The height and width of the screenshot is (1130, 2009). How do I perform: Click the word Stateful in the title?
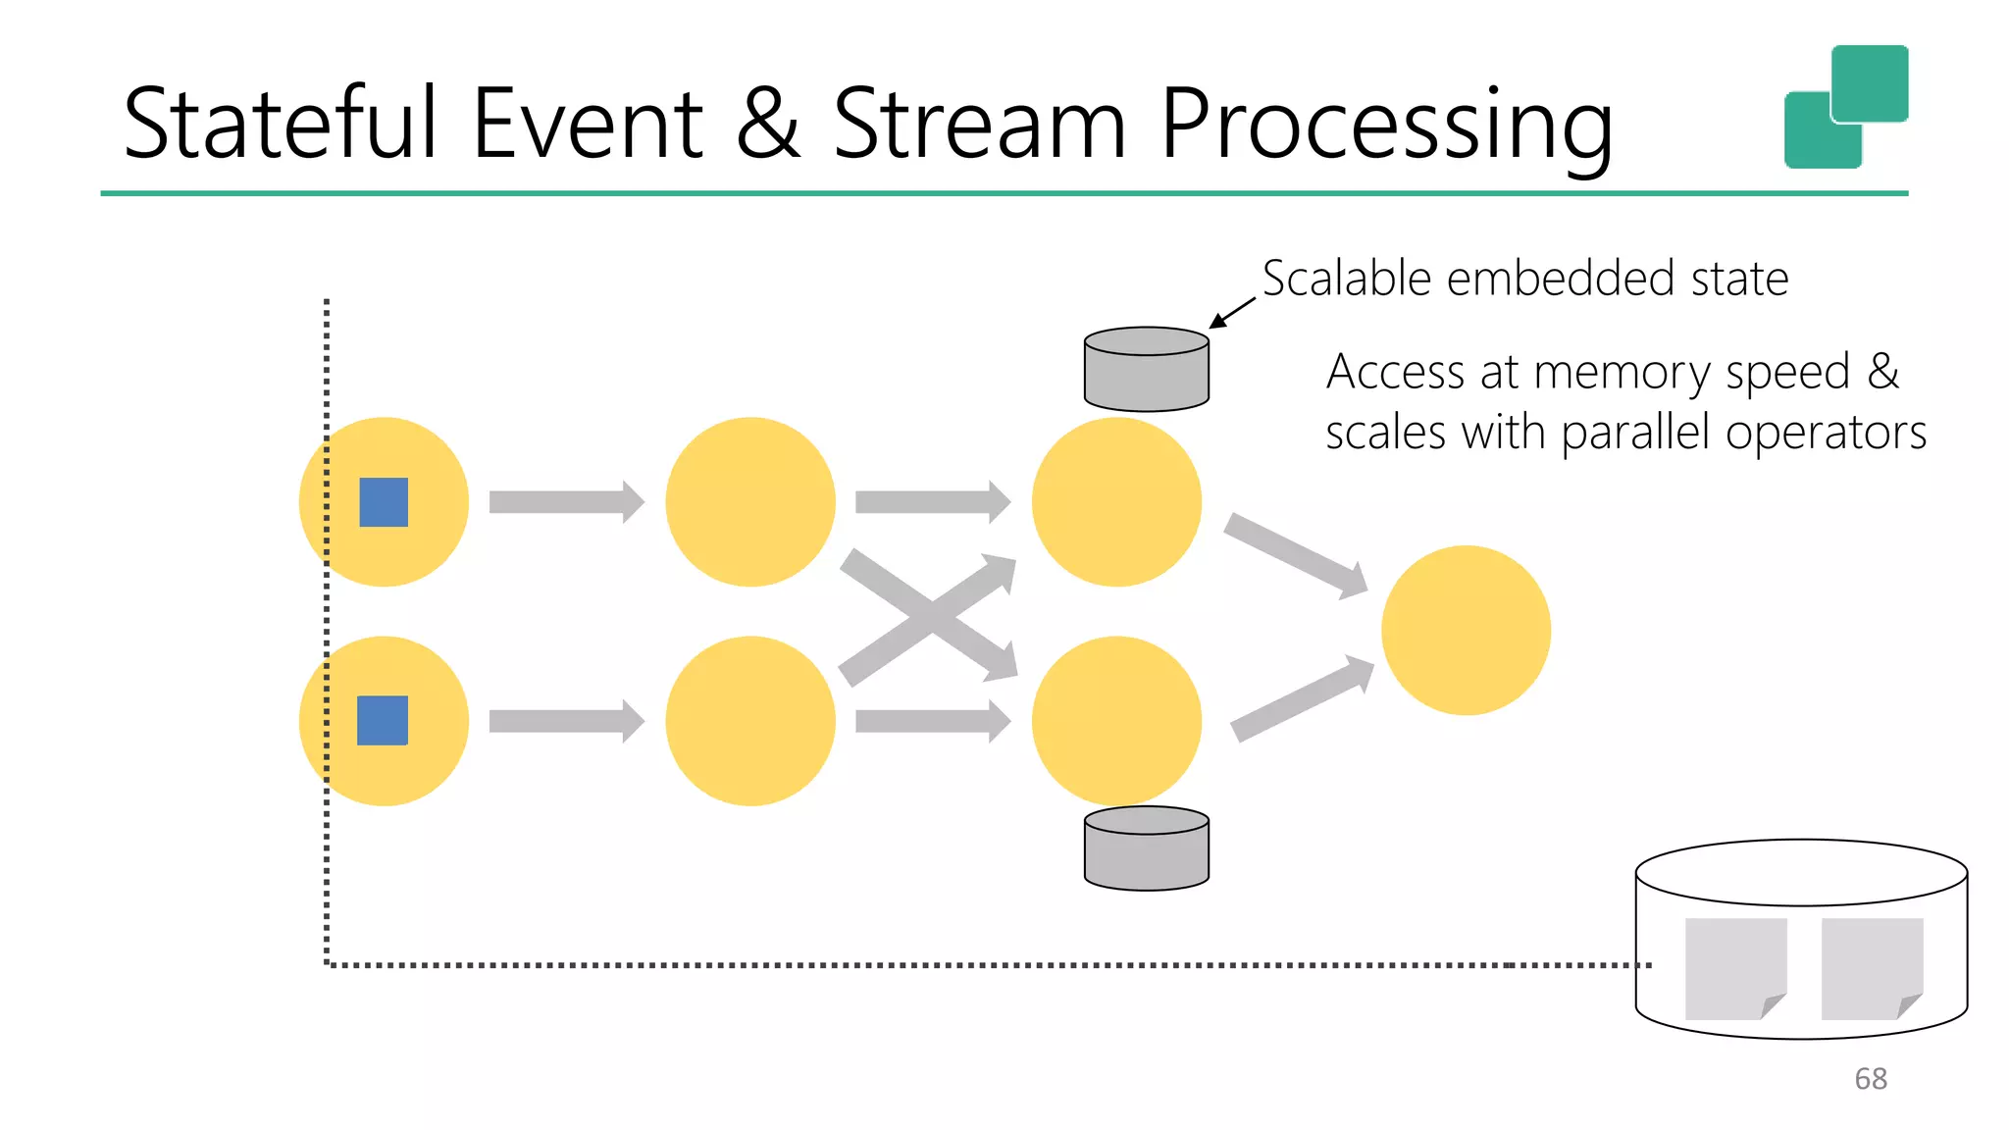(280, 125)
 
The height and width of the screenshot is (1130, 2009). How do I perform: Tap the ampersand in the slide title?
(768, 125)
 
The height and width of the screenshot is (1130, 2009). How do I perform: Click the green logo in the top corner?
(1846, 107)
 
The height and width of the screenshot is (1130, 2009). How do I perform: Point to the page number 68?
(1870, 1079)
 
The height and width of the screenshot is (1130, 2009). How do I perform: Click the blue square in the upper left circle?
(384, 502)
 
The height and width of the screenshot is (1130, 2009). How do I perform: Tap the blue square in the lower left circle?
(383, 721)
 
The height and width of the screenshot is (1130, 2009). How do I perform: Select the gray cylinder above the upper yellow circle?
(1146, 370)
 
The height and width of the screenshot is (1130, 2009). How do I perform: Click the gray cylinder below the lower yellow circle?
(1146, 848)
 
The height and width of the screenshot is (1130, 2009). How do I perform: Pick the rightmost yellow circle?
(1466, 630)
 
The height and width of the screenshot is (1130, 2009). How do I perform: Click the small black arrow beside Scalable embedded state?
(1231, 314)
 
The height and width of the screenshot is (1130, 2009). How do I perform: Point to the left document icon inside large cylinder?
(1735, 968)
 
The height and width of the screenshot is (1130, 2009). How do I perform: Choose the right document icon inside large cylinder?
(1872, 968)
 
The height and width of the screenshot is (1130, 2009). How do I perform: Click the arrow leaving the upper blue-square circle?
(566, 502)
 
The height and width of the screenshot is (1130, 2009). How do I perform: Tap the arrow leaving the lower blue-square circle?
(566, 721)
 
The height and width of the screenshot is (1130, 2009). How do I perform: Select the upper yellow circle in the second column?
(750, 502)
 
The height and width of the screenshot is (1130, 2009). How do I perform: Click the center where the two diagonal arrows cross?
(928, 616)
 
